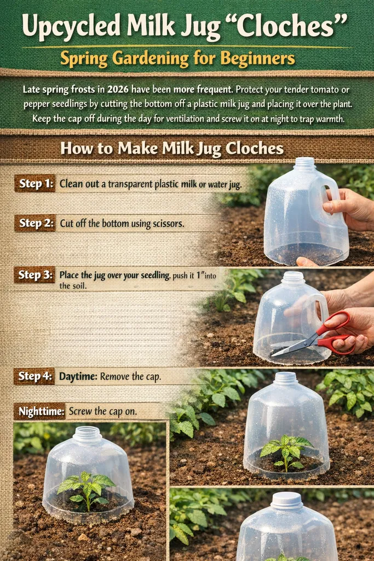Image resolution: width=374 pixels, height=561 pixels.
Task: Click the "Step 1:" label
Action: pyautogui.click(x=35, y=184)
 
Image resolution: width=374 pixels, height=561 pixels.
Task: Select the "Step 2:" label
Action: pyautogui.click(x=35, y=223)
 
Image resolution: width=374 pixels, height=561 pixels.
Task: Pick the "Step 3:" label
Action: pyautogui.click(x=35, y=275)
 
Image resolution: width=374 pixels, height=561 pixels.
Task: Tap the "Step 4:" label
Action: pyautogui.click(x=35, y=376)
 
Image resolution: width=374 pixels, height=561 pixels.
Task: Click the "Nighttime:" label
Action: pyautogui.click(x=39, y=411)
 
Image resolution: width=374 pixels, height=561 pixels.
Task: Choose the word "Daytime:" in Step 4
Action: pyautogui.click(x=80, y=376)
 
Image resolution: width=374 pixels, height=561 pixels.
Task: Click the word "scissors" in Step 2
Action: pyautogui.click(x=166, y=224)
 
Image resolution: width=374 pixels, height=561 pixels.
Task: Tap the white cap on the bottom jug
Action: pyautogui.click(x=287, y=500)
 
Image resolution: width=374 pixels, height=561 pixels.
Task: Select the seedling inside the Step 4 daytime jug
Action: pyautogui.click(x=287, y=451)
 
